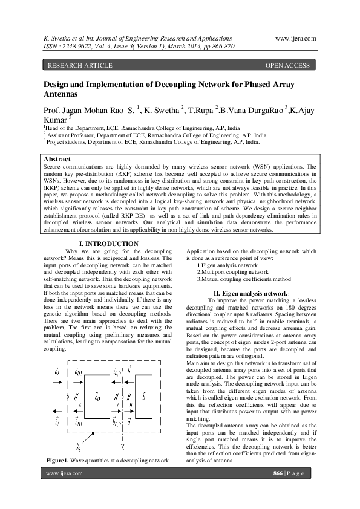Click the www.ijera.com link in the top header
[295, 38]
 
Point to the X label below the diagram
[123, 447]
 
